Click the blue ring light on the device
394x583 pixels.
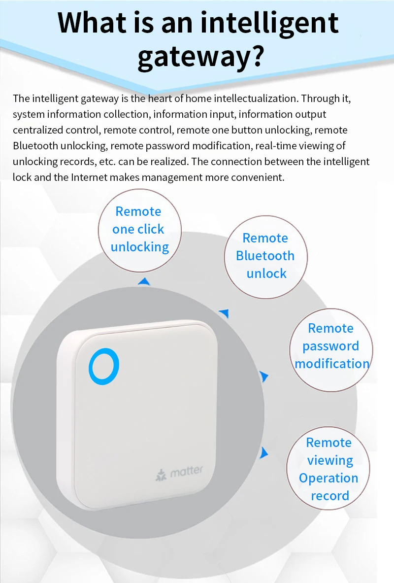click(x=104, y=367)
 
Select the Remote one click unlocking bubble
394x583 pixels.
click(x=139, y=230)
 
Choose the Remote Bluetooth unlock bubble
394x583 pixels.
click(x=265, y=256)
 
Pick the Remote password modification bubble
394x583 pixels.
click(x=331, y=346)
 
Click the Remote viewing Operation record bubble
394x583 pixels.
click(x=328, y=469)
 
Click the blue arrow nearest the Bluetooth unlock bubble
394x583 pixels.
click(x=225, y=312)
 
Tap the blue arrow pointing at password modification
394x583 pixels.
click(x=264, y=377)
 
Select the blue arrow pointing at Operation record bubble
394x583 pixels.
click(x=264, y=452)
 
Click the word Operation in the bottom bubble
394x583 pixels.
click(x=328, y=478)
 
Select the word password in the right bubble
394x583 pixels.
click(x=331, y=346)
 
